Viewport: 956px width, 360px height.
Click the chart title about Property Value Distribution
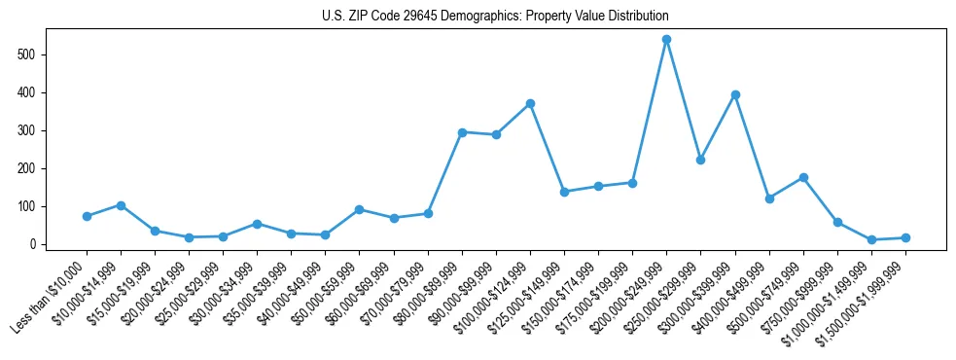coord(495,17)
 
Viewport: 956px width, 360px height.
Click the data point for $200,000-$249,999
coord(666,40)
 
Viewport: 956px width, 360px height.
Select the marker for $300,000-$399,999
coord(735,94)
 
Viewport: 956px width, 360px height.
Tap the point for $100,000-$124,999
coord(530,103)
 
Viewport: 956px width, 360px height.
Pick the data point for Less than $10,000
coord(87,216)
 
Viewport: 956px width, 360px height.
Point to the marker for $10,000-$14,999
coord(121,205)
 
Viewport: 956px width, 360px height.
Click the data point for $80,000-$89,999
coord(462,132)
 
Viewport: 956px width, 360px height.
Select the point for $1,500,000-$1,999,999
coord(905,237)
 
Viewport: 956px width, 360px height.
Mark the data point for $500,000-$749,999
coord(803,177)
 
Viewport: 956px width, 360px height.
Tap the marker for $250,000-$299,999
coord(700,160)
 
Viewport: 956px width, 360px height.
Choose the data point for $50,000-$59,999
coord(360,209)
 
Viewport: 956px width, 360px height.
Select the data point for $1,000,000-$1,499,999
coord(871,239)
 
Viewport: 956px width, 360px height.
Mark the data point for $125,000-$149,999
coord(564,192)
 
